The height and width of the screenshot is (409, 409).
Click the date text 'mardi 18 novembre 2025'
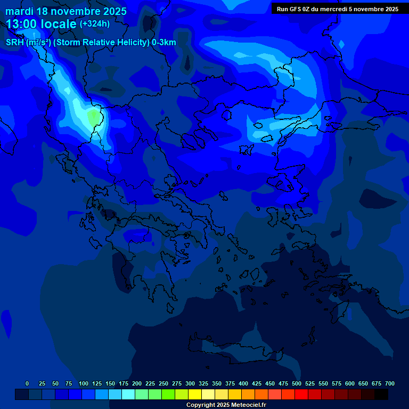[x=66, y=11]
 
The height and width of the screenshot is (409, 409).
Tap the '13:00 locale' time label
[x=42, y=24]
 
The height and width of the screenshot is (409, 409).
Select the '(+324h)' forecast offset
[x=95, y=24]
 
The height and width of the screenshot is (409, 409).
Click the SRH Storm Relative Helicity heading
[x=91, y=43]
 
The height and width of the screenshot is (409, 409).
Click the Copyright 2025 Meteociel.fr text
[x=226, y=405]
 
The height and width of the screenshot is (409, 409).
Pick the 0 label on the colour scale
[x=27, y=383]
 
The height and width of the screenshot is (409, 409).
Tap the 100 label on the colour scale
[x=84, y=383]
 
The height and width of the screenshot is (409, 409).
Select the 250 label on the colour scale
[x=163, y=383]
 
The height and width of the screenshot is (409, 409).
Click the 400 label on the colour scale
[x=243, y=383]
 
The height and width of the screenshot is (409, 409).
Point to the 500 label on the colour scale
[x=297, y=383]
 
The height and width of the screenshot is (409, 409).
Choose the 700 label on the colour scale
[x=390, y=383]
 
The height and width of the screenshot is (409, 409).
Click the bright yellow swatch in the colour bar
[x=195, y=394]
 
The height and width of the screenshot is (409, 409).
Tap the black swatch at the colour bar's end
[x=381, y=394]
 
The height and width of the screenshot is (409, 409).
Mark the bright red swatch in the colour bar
[x=301, y=394]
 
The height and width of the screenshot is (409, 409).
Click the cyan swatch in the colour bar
[x=128, y=394]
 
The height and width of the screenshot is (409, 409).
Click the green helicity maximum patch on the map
[x=95, y=117]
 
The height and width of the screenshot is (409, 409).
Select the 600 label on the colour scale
[x=350, y=383]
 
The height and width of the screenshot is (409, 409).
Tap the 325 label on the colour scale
[x=203, y=383]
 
